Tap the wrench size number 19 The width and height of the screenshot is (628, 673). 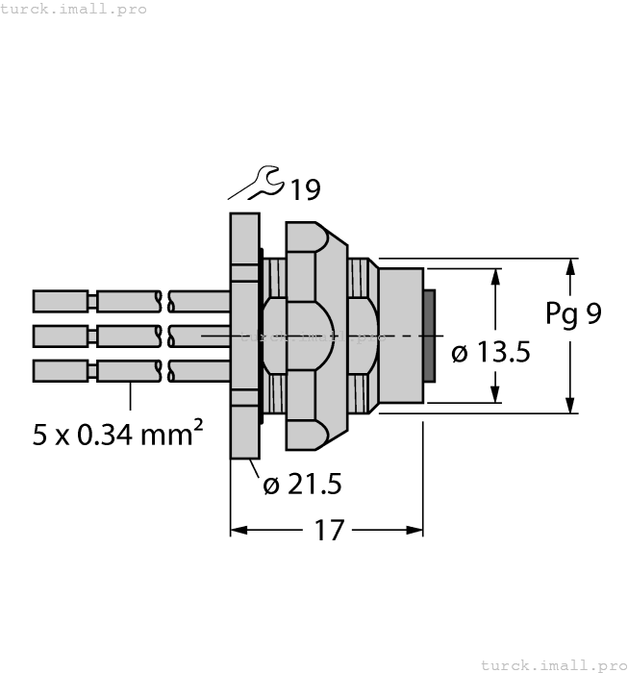[x=305, y=190]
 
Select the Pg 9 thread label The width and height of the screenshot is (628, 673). [x=573, y=313]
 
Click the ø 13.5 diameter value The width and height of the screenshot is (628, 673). [x=490, y=353]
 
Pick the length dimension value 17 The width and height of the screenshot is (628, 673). [x=328, y=531]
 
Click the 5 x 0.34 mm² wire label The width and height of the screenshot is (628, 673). [x=117, y=435]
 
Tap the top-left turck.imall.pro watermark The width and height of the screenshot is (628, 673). [x=74, y=9]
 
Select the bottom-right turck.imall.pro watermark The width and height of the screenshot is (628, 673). [x=552, y=664]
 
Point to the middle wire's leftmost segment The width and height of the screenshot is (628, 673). [x=62, y=336]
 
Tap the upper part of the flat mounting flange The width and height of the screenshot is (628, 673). [x=244, y=236]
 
